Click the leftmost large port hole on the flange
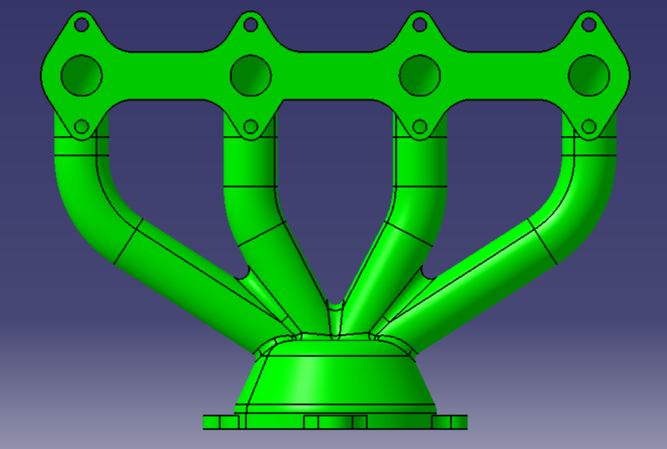coord(82,75)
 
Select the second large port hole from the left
coord(250,75)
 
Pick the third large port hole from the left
coord(420,75)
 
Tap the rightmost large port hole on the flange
coord(589,75)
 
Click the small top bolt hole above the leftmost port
coord(81,25)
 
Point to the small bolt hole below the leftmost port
coord(81,127)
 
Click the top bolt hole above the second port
coord(250,25)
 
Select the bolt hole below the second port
coord(250,127)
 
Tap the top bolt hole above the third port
coord(420,25)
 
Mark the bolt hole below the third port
coord(420,127)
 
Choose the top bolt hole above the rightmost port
coord(589,25)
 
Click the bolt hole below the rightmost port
coord(589,127)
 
